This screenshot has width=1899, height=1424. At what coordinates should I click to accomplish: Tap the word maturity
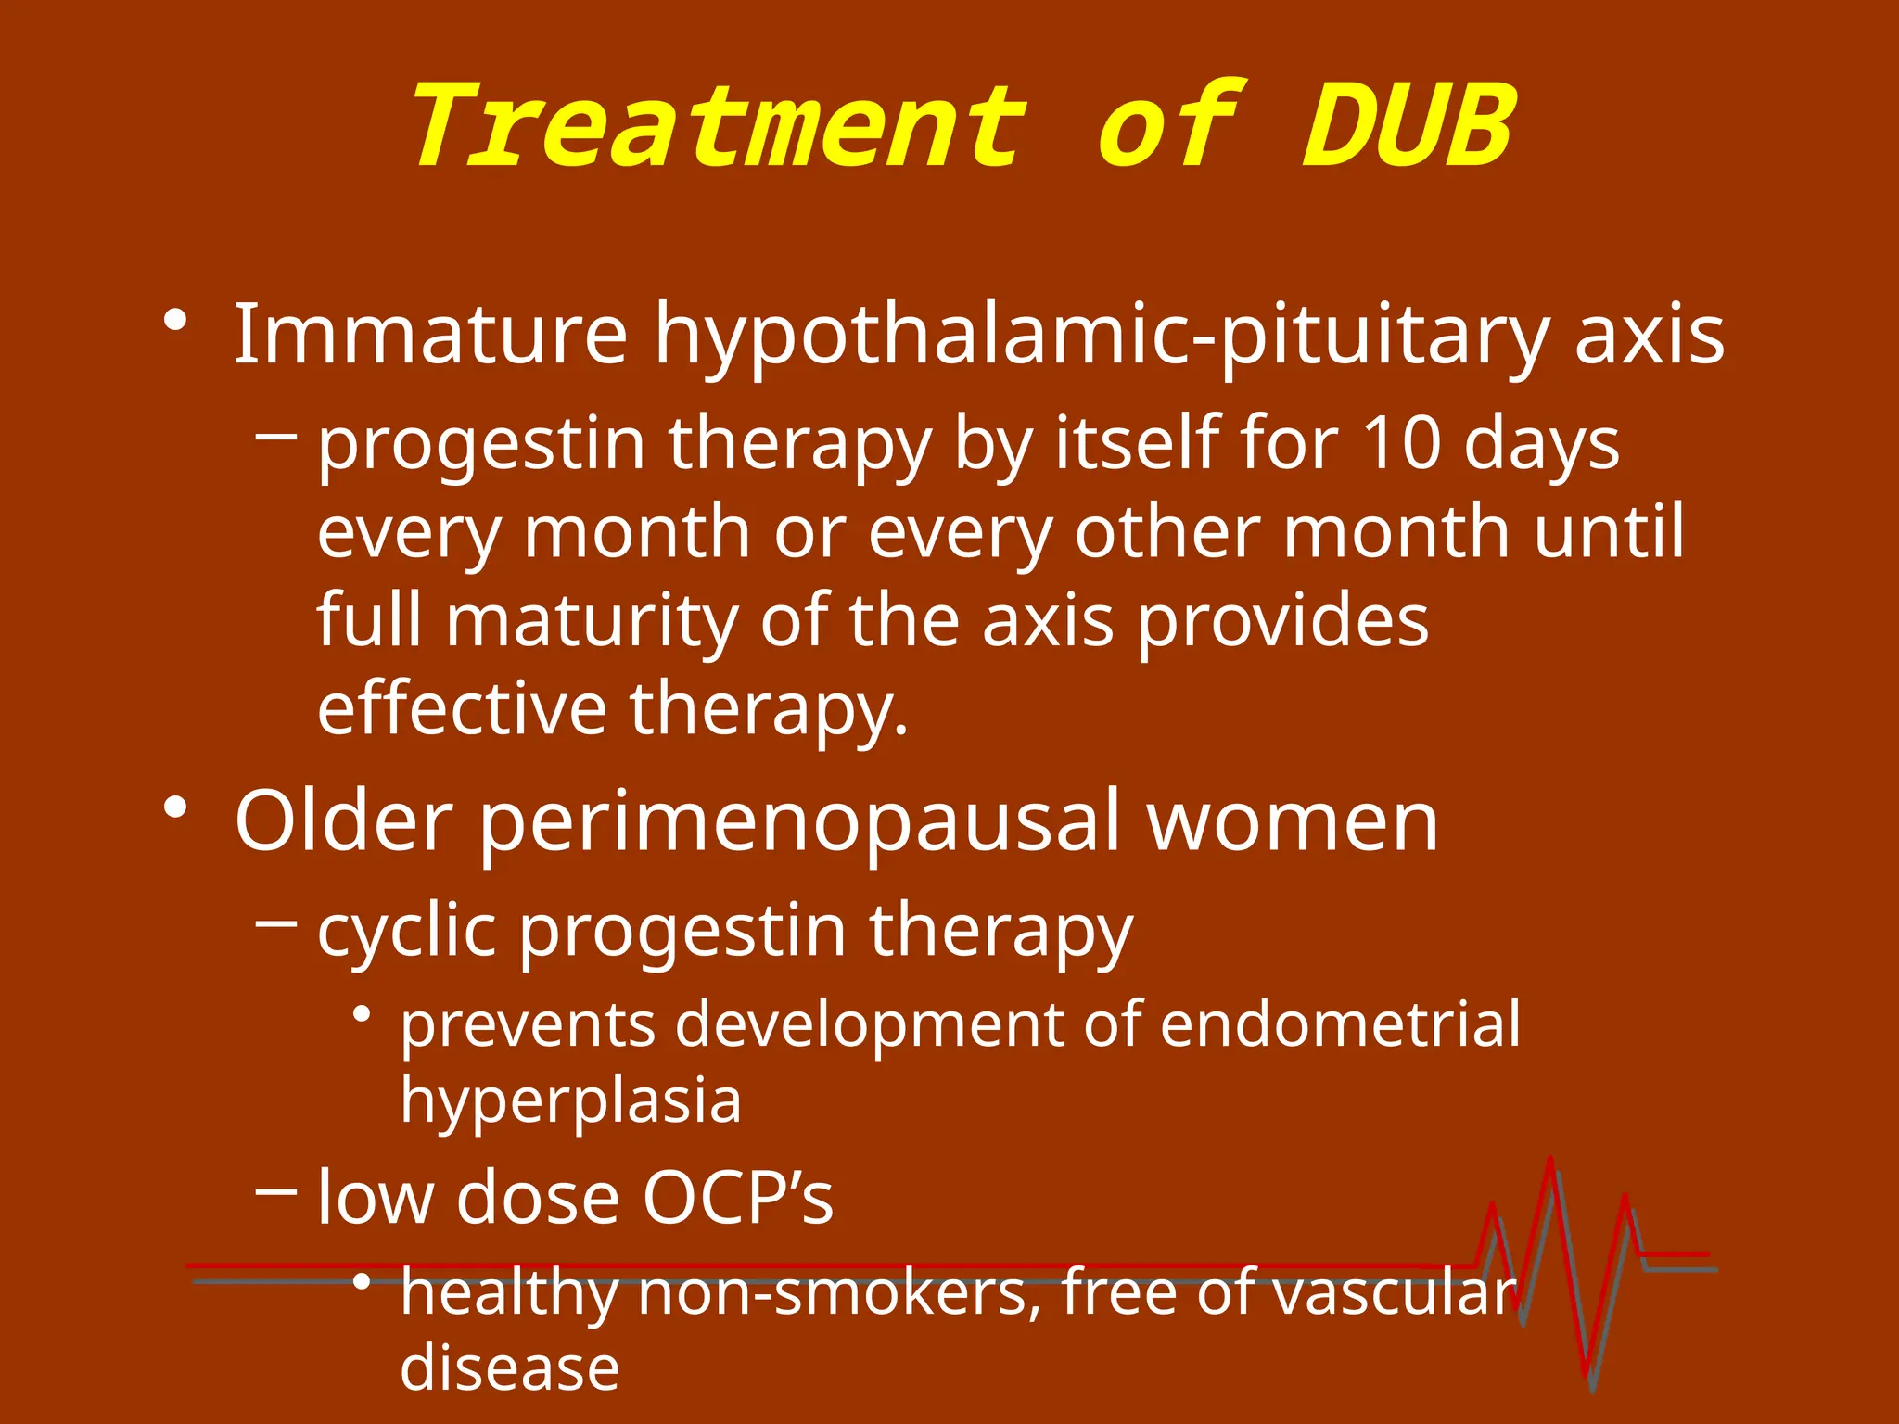592,621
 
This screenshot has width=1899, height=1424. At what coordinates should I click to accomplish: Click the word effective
462,708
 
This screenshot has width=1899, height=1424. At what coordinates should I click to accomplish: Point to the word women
1293,821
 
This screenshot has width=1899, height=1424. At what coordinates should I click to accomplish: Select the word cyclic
406,932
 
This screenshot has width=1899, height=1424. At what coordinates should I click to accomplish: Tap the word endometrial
1340,1023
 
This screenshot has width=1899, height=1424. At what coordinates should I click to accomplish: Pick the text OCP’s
738,1197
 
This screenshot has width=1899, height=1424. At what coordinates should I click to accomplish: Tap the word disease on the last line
509,1367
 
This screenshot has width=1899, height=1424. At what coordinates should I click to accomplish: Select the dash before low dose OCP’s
275,1190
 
